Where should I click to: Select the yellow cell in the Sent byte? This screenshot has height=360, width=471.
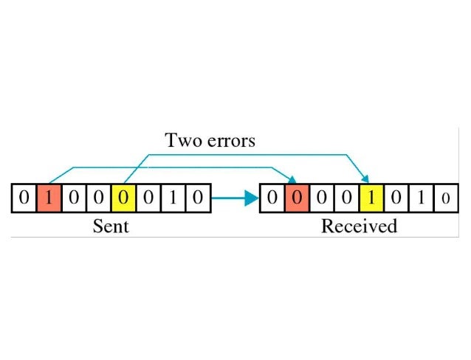(123, 198)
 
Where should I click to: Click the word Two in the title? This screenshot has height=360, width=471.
(183, 139)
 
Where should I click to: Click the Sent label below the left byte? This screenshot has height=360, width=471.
(111, 225)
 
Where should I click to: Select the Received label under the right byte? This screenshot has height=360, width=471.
(359, 225)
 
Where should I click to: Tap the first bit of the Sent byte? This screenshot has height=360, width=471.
(24, 198)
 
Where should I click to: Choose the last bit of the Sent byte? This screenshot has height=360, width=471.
(198, 198)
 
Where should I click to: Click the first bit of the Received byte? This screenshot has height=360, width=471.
(272, 198)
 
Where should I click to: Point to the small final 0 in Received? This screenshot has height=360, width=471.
(445, 198)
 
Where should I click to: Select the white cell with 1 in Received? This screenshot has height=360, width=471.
(422, 198)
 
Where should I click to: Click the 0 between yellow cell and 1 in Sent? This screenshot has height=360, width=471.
(148, 198)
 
